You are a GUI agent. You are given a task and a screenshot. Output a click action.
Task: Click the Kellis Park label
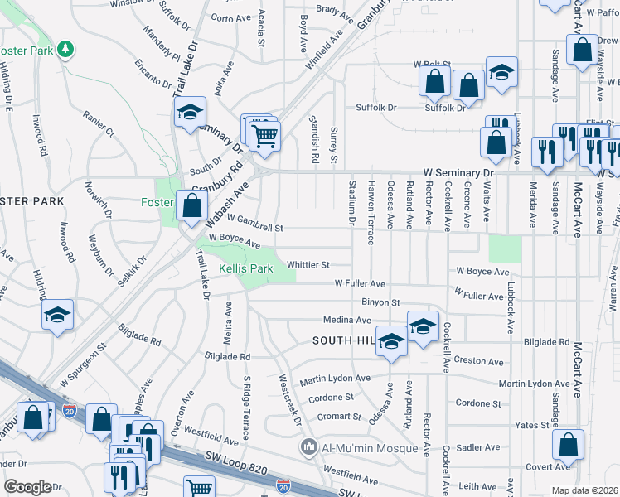point(245,269)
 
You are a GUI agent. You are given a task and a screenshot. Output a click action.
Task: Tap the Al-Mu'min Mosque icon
point(308,447)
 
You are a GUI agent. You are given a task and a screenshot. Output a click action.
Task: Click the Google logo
point(27,487)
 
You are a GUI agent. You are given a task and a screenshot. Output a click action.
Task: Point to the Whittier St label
point(308,265)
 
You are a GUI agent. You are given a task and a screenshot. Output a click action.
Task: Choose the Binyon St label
point(380,302)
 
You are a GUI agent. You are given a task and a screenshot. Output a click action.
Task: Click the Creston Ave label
point(478,362)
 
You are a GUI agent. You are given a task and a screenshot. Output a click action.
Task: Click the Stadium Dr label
point(352,208)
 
